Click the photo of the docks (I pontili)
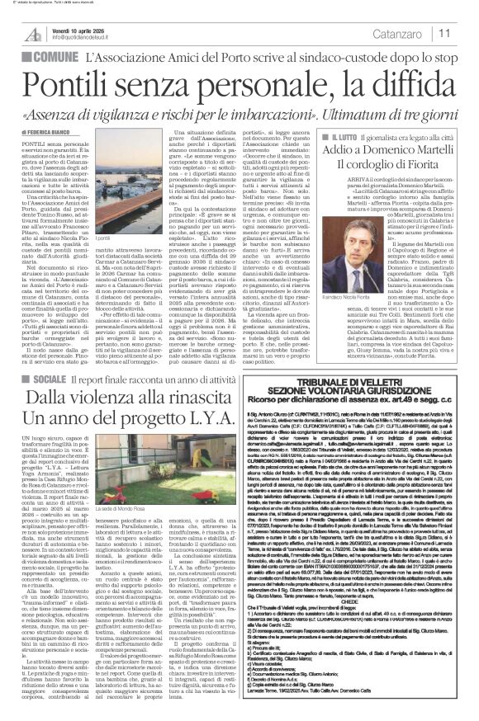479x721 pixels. pyautogui.click(x=164, y=189)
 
